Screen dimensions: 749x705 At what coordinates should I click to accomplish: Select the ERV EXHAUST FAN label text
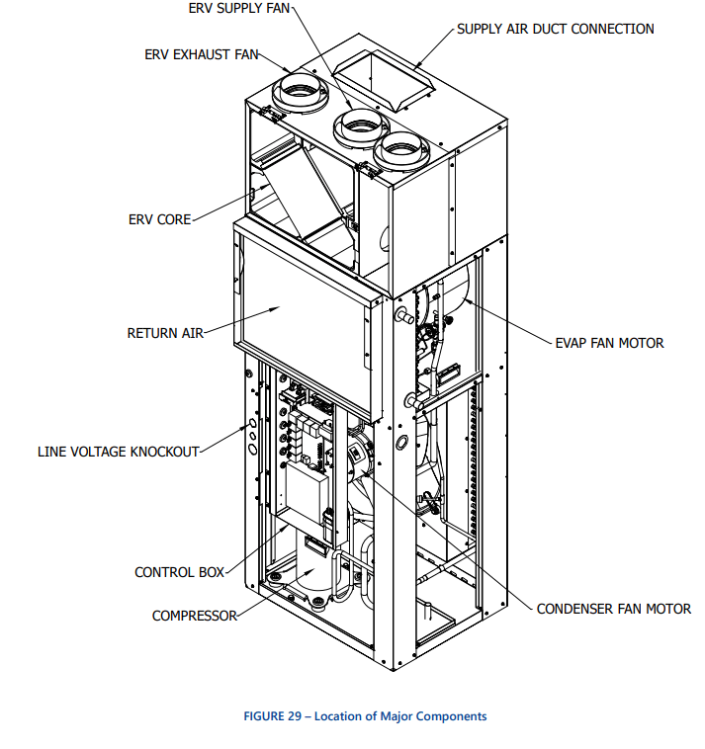tap(202, 54)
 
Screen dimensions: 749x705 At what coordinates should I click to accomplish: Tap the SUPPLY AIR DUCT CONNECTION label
tap(555, 30)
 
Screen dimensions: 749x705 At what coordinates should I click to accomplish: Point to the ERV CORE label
tap(159, 219)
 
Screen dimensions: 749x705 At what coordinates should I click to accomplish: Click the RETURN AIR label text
tap(165, 333)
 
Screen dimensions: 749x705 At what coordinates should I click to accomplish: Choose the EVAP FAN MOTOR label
tap(609, 343)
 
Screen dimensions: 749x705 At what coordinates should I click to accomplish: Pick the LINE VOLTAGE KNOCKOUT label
tap(119, 452)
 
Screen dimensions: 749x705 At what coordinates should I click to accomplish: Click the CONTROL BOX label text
tap(179, 572)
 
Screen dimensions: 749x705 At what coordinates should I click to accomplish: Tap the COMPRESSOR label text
tap(194, 616)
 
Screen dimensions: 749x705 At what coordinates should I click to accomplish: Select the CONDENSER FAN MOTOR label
tap(613, 609)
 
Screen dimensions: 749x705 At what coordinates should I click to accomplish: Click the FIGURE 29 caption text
tap(365, 716)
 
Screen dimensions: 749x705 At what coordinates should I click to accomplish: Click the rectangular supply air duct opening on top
tap(381, 77)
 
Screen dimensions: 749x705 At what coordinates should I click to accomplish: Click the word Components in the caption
tap(451, 716)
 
